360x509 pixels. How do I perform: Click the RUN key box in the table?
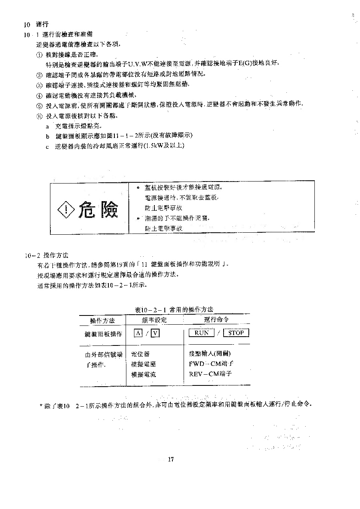tap(201, 333)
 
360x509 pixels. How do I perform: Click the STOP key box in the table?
tap(236, 333)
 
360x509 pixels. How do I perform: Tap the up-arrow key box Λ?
tap(138, 333)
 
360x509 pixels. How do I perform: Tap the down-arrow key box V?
tap(155, 333)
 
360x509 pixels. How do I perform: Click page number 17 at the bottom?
tap(171, 459)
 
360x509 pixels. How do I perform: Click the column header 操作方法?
tap(102, 320)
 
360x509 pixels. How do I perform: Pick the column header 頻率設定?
tap(154, 320)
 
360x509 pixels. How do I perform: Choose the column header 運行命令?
tap(216, 319)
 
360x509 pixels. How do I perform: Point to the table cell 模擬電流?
tap(144, 375)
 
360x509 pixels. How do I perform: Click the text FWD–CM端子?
tap(211, 364)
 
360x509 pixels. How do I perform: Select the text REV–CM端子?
tap(210, 374)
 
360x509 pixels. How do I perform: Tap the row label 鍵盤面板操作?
tap(104, 334)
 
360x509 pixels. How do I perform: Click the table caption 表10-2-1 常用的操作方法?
tap(174, 309)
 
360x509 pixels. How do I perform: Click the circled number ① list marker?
tap(39, 54)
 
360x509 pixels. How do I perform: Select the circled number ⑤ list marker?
tap(39, 106)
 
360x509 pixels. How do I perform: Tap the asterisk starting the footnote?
tap(41, 405)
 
